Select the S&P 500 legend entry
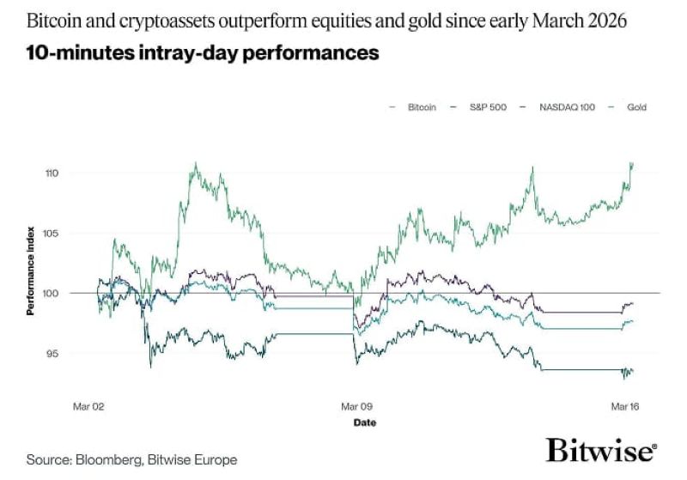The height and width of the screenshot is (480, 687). click(487, 107)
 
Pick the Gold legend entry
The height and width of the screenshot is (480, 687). click(635, 107)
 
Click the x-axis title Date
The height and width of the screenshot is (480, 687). click(364, 422)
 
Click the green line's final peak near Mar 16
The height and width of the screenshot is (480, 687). click(632, 163)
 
